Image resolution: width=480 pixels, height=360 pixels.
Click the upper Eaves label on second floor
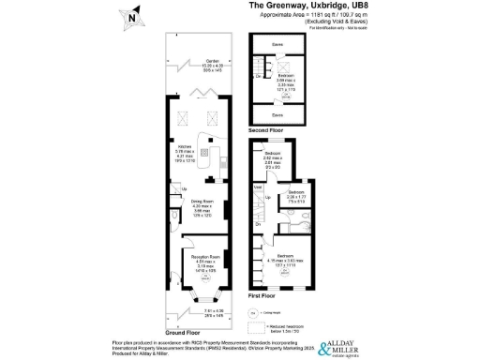[x=277, y=44]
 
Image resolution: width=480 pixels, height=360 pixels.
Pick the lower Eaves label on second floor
[x=277, y=114]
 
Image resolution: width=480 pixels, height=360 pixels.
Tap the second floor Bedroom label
[x=286, y=76]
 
